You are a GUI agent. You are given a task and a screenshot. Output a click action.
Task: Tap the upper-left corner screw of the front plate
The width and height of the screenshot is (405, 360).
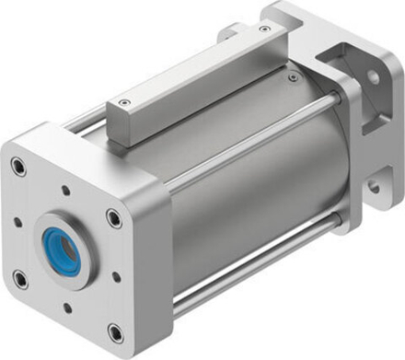coord(18,167)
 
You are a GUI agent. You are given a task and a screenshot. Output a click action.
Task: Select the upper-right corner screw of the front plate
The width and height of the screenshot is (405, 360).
coord(113,218)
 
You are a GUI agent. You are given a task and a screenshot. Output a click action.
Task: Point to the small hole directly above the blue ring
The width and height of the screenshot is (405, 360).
coord(67,192)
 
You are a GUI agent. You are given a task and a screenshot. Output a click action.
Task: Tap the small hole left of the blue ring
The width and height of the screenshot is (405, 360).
coord(17,221)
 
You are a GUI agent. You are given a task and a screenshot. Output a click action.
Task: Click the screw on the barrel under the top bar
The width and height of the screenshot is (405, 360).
coord(293,78)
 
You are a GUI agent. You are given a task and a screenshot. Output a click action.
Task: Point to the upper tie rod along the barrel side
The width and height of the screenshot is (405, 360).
coord(249,146)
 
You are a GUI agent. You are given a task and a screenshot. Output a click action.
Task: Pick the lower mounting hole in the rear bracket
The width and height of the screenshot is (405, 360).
coord(375,186)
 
